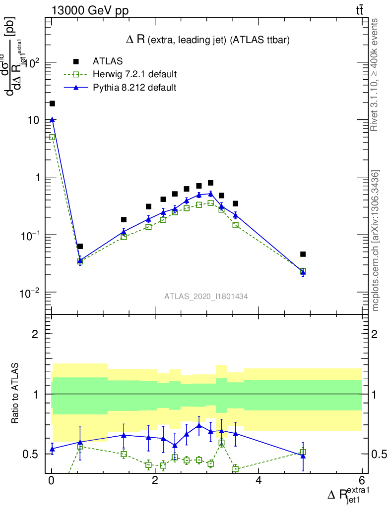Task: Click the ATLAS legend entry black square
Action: pos(76,61)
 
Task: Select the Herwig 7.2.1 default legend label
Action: pos(134,75)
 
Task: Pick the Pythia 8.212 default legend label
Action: pos(134,88)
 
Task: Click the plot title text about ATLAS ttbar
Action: pos(208,40)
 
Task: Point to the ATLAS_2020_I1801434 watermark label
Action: pos(206,296)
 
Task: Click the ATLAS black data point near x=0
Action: pos(52,103)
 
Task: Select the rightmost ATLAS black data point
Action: pos(303,254)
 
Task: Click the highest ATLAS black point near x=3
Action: pos(210,183)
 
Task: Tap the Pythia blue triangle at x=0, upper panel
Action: pos(52,119)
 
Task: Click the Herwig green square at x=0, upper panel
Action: pos(52,137)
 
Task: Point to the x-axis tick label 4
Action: pos(259,480)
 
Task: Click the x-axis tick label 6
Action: pos(362,480)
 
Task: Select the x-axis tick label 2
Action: pos(155,480)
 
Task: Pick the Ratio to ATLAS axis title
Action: pos(15,394)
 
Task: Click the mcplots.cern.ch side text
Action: pos(376,240)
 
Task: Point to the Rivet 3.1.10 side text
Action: pos(376,75)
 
